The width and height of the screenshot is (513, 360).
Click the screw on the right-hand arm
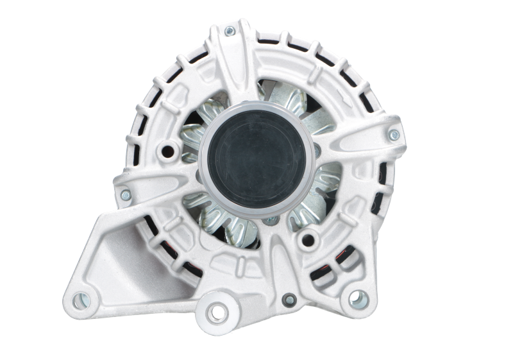point(394,134)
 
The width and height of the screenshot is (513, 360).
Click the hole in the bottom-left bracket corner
point(80,297)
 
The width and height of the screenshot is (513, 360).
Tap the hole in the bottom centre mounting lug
point(220,311)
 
